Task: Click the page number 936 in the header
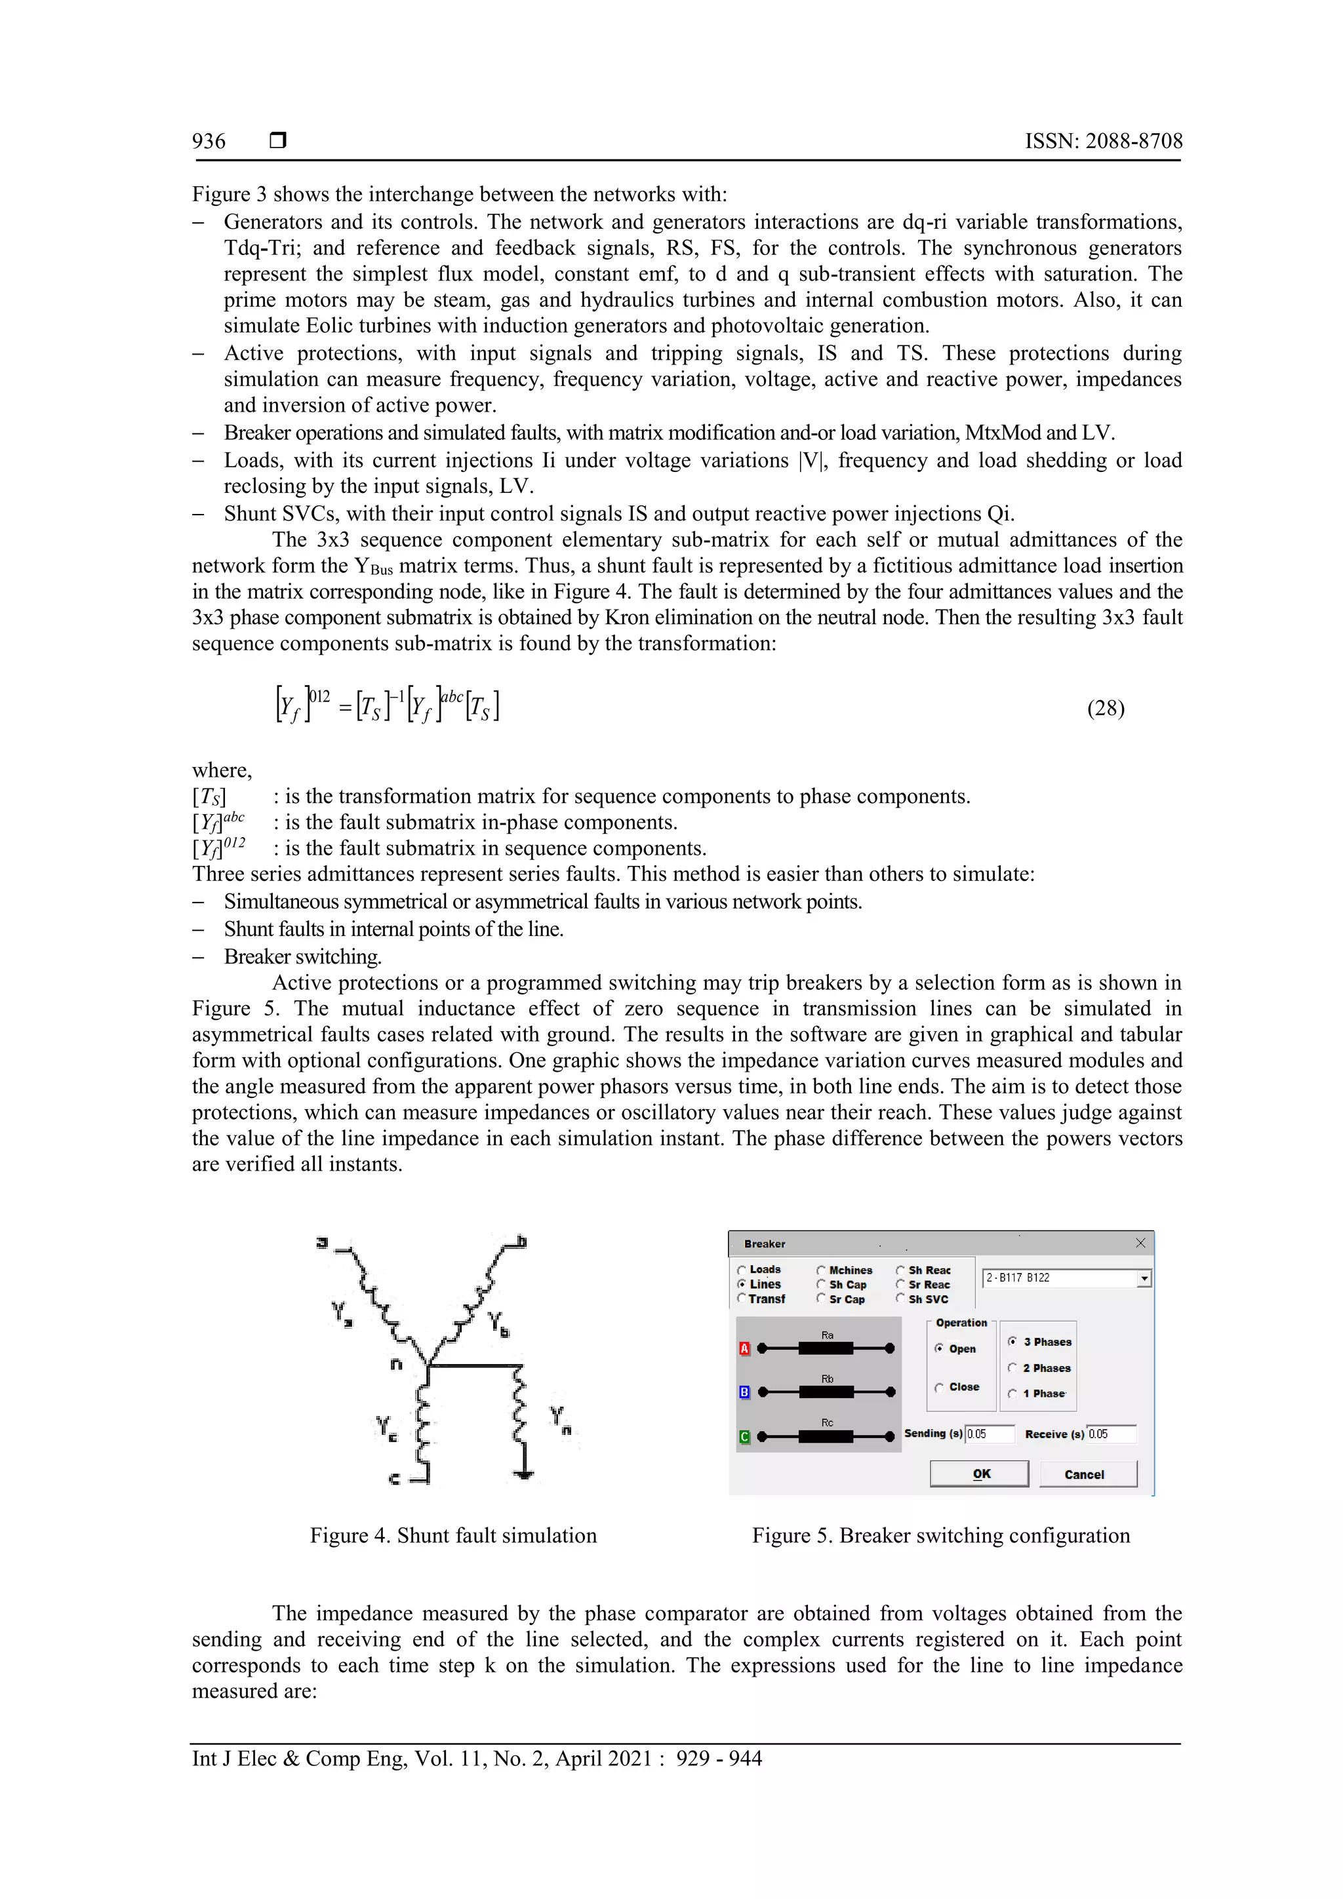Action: coord(209,142)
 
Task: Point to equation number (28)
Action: coord(1105,708)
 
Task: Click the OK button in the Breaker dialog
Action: coord(980,1474)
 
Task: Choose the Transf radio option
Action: coord(742,1299)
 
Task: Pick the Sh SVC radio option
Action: coord(901,1299)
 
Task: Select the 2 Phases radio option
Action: coord(1013,1368)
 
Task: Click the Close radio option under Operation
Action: coord(940,1387)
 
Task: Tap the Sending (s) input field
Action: coord(990,1434)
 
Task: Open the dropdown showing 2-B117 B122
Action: coord(1144,1279)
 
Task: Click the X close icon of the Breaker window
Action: coord(1140,1243)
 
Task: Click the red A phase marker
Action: coord(744,1349)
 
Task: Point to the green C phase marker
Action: coord(744,1437)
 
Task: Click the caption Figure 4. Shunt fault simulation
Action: coord(452,1536)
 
